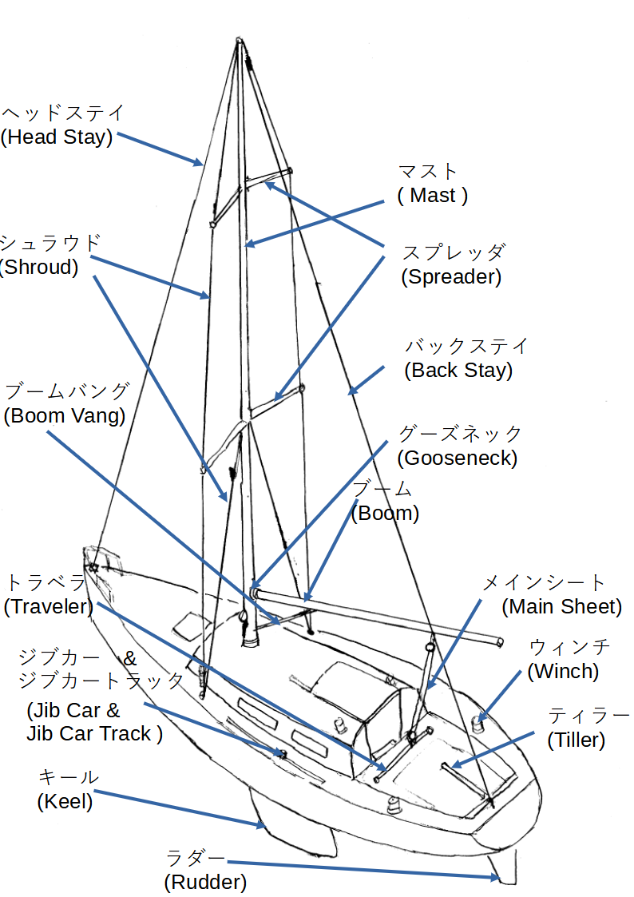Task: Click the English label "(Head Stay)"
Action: click(x=56, y=137)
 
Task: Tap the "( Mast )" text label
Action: click(x=432, y=196)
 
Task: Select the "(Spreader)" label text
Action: click(x=451, y=277)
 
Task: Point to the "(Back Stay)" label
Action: click(x=458, y=371)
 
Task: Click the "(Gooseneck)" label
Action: click(x=457, y=458)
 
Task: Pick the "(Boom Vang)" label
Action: click(x=65, y=416)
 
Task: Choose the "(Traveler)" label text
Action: click(x=49, y=606)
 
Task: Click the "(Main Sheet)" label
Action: click(x=561, y=607)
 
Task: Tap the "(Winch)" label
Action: click(x=563, y=672)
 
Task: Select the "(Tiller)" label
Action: click(x=576, y=740)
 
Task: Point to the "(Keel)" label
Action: click(x=65, y=801)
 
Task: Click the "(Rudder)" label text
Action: click(x=205, y=883)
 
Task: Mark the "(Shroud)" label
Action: click(x=39, y=268)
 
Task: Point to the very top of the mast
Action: click(x=239, y=39)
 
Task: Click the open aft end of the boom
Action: click(x=499, y=642)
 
